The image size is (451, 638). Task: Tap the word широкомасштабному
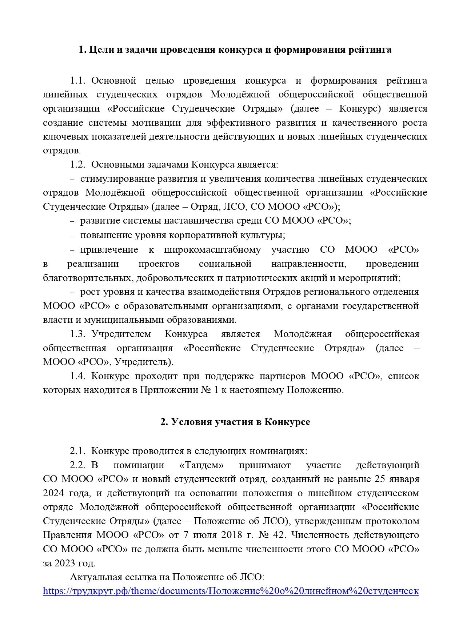pos(212,250)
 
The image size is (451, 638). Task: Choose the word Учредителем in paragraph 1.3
pos(121,334)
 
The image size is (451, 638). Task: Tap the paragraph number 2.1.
pos(77,451)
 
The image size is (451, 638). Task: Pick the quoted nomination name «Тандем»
pos(201,465)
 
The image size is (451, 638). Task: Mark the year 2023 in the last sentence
pos(65,563)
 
